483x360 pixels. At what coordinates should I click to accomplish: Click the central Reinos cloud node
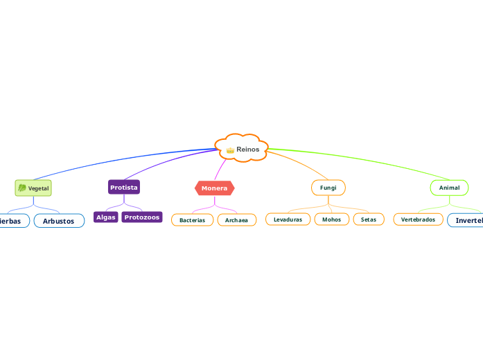pyautogui.click(x=242, y=148)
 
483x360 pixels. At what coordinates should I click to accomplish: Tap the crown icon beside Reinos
pyautogui.click(x=230, y=150)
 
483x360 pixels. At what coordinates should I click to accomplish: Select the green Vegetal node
pyautogui.click(x=33, y=188)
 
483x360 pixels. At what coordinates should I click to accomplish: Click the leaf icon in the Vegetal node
pyautogui.click(x=22, y=188)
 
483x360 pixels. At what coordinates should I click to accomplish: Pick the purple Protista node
pyautogui.click(x=124, y=187)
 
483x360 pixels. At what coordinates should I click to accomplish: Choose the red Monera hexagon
pyautogui.click(x=214, y=188)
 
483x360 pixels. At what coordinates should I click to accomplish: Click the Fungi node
pyautogui.click(x=328, y=188)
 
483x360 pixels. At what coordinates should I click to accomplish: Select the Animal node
pyautogui.click(x=449, y=188)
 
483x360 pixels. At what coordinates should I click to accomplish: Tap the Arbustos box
pyautogui.click(x=59, y=221)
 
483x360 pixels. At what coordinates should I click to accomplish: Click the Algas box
pyautogui.click(x=106, y=217)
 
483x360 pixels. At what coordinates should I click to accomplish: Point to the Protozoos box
pyautogui.click(x=142, y=217)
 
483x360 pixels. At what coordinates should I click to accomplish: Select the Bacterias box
pyautogui.click(x=192, y=219)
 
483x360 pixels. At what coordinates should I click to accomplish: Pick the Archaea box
pyautogui.click(x=236, y=219)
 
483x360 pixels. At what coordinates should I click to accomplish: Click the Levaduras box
pyautogui.click(x=288, y=219)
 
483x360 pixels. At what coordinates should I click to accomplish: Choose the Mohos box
pyautogui.click(x=331, y=219)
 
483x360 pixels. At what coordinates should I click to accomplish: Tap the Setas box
pyautogui.click(x=369, y=219)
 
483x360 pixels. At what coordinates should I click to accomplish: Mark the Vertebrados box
pyautogui.click(x=418, y=219)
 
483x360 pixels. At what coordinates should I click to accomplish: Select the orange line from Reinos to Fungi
pyautogui.click(x=298, y=162)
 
